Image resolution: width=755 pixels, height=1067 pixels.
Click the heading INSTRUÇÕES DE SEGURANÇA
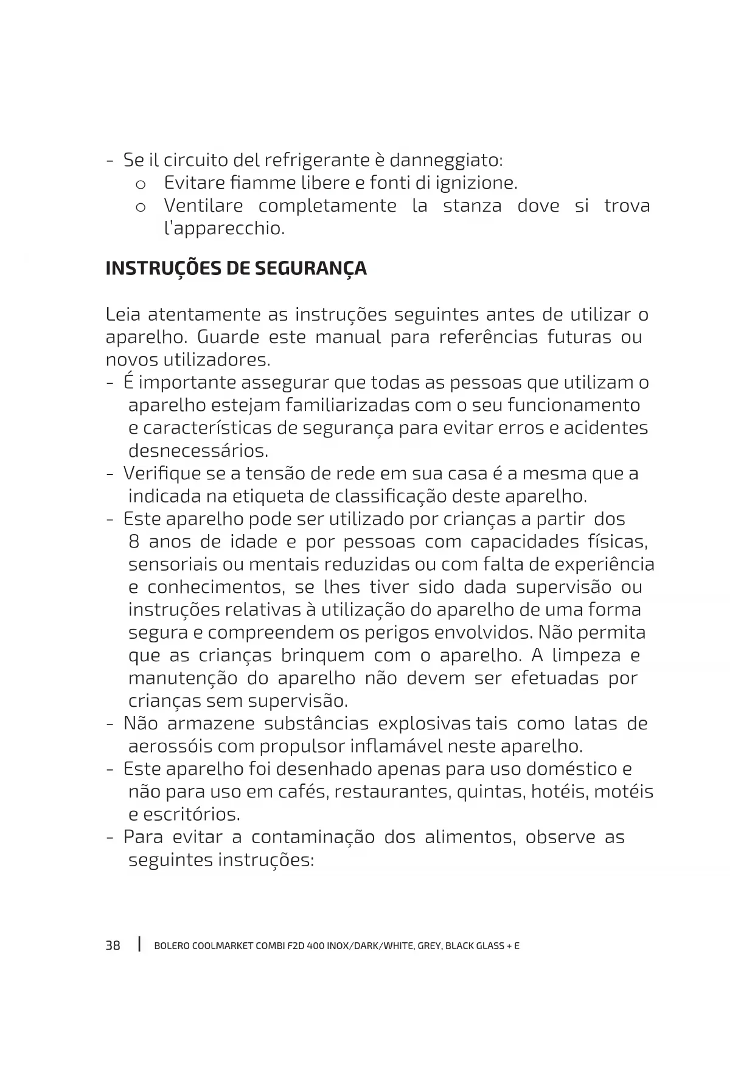[236, 268]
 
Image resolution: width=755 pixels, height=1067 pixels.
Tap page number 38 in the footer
[113, 945]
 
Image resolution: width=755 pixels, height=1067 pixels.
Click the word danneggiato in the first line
[445, 161]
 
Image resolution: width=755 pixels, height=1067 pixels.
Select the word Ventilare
[203, 206]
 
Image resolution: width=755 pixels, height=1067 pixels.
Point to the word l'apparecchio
[224, 229]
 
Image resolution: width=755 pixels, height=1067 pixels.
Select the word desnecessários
[198, 451]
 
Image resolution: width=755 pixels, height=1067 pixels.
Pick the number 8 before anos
[134, 542]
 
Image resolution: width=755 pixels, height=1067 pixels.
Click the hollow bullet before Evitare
[141, 184]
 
